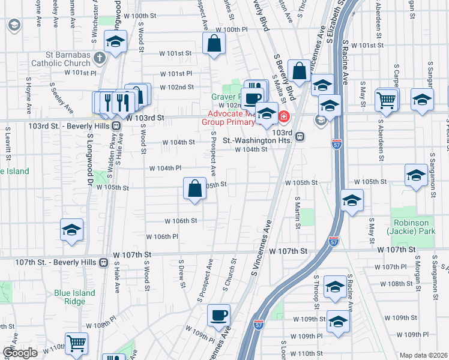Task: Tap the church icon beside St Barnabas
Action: (100, 58)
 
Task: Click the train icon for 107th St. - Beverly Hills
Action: (104, 262)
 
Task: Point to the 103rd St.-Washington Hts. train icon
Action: (299, 136)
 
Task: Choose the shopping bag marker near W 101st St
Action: (214, 44)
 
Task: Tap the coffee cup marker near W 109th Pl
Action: (218, 315)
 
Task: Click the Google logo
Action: (20, 353)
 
